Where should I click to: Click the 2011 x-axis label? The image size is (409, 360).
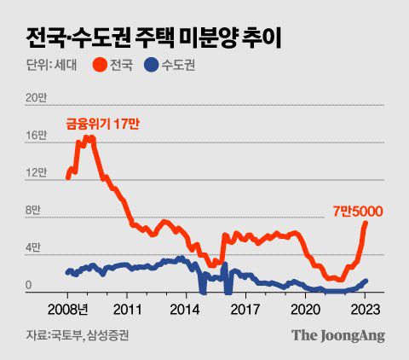126,307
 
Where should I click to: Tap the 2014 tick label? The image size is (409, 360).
186,307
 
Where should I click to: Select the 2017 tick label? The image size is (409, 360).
245,307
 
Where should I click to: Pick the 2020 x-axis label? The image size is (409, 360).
305,307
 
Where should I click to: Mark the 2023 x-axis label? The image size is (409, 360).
365,307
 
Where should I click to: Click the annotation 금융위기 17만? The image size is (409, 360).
103,124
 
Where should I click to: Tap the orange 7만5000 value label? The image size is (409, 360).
359,210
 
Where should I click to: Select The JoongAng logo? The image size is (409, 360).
338,335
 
